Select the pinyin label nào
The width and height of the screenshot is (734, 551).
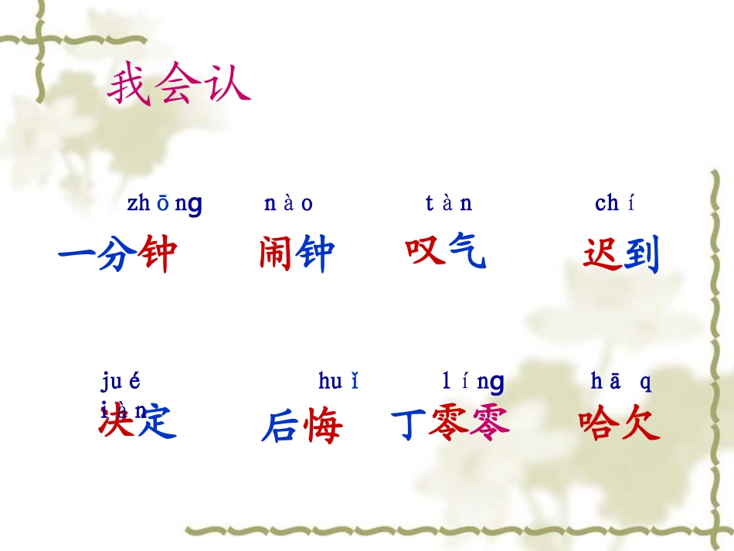click(x=288, y=204)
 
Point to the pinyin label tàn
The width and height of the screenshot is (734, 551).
click(x=448, y=204)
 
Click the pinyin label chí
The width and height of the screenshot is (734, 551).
click(x=615, y=204)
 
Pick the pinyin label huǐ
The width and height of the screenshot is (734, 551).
click(x=338, y=381)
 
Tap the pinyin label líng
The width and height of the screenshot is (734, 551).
click(x=473, y=381)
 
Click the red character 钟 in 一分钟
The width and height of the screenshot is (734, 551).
click(x=158, y=254)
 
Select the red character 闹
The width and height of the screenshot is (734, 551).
click(x=277, y=254)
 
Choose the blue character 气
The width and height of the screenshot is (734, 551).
click(x=466, y=250)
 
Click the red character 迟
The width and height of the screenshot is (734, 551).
click(x=602, y=254)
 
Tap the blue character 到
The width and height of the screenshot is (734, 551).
click(x=641, y=254)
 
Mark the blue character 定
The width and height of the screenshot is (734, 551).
click(x=157, y=421)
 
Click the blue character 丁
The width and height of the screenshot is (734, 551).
click(x=409, y=424)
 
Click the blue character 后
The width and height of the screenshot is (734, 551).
click(x=280, y=426)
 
